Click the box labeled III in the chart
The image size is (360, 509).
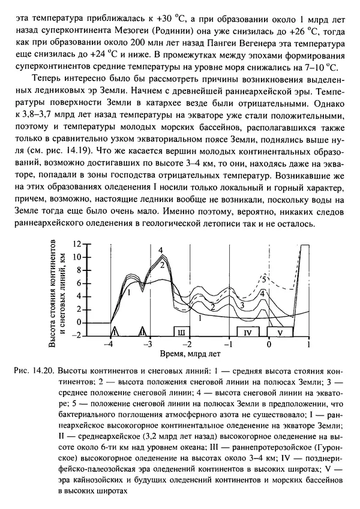[181, 331]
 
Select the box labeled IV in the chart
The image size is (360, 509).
[248, 331]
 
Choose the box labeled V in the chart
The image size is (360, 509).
[279, 331]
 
